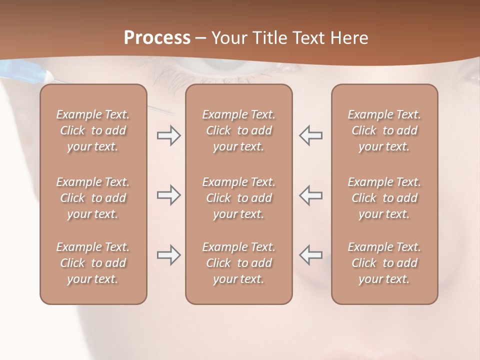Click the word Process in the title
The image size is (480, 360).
click(x=157, y=37)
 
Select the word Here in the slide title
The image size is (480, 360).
click(x=348, y=37)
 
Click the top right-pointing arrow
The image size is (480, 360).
click(x=168, y=135)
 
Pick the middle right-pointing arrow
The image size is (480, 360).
click(x=168, y=195)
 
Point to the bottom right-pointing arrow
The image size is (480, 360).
click(x=168, y=255)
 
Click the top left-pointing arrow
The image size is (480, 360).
click(x=311, y=135)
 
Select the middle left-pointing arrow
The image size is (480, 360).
click(x=311, y=195)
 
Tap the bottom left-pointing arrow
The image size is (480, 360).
click(x=311, y=255)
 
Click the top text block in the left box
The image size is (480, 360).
click(x=93, y=130)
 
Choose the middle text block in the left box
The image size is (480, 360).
click(x=93, y=198)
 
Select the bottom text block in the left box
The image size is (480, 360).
click(x=93, y=263)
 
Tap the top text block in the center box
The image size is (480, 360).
click(x=239, y=130)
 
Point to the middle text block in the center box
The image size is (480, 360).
click(x=239, y=198)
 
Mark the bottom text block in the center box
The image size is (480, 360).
click(x=239, y=263)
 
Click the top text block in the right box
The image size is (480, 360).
click(x=384, y=130)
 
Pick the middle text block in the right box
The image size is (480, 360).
click(x=384, y=198)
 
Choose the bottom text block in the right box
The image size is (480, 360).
click(x=384, y=263)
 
